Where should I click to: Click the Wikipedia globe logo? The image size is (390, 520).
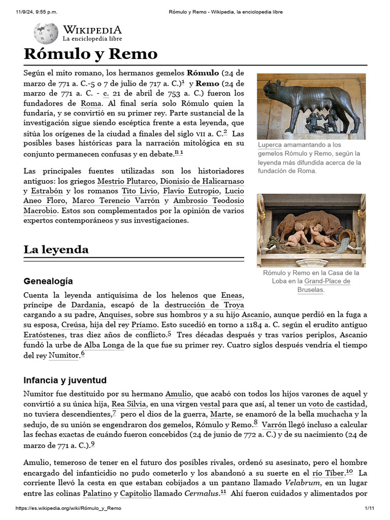(46, 33)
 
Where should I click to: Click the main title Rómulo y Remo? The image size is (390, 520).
(90, 54)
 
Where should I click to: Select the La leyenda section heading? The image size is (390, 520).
(56, 249)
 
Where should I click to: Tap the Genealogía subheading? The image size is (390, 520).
(48, 281)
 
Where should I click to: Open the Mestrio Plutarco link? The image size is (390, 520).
(127, 181)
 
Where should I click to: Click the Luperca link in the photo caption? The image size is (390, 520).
(270, 145)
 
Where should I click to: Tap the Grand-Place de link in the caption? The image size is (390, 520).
(327, 281)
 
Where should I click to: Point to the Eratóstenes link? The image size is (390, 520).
(44, 335)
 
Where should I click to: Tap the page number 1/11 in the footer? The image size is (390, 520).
(369, 508)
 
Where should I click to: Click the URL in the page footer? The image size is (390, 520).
(69, 508)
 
